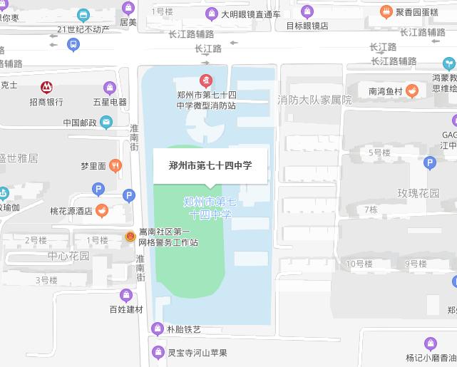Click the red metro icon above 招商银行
click(46, 87)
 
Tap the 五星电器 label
click(109, 102)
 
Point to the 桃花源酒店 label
click(71, 211)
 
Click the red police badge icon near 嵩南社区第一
click(130, 237)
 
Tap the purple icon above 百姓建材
click(126, 295)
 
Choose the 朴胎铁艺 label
click(183, 329)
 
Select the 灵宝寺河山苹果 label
click(197, 352)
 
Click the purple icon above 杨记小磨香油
click(430, 344)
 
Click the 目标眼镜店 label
click(307, 26)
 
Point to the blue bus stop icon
click(73, 44)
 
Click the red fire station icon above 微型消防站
click(206, 80)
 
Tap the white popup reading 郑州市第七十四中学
click(210, 165)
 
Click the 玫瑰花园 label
click(419, 193)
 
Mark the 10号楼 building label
click(359, 264)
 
